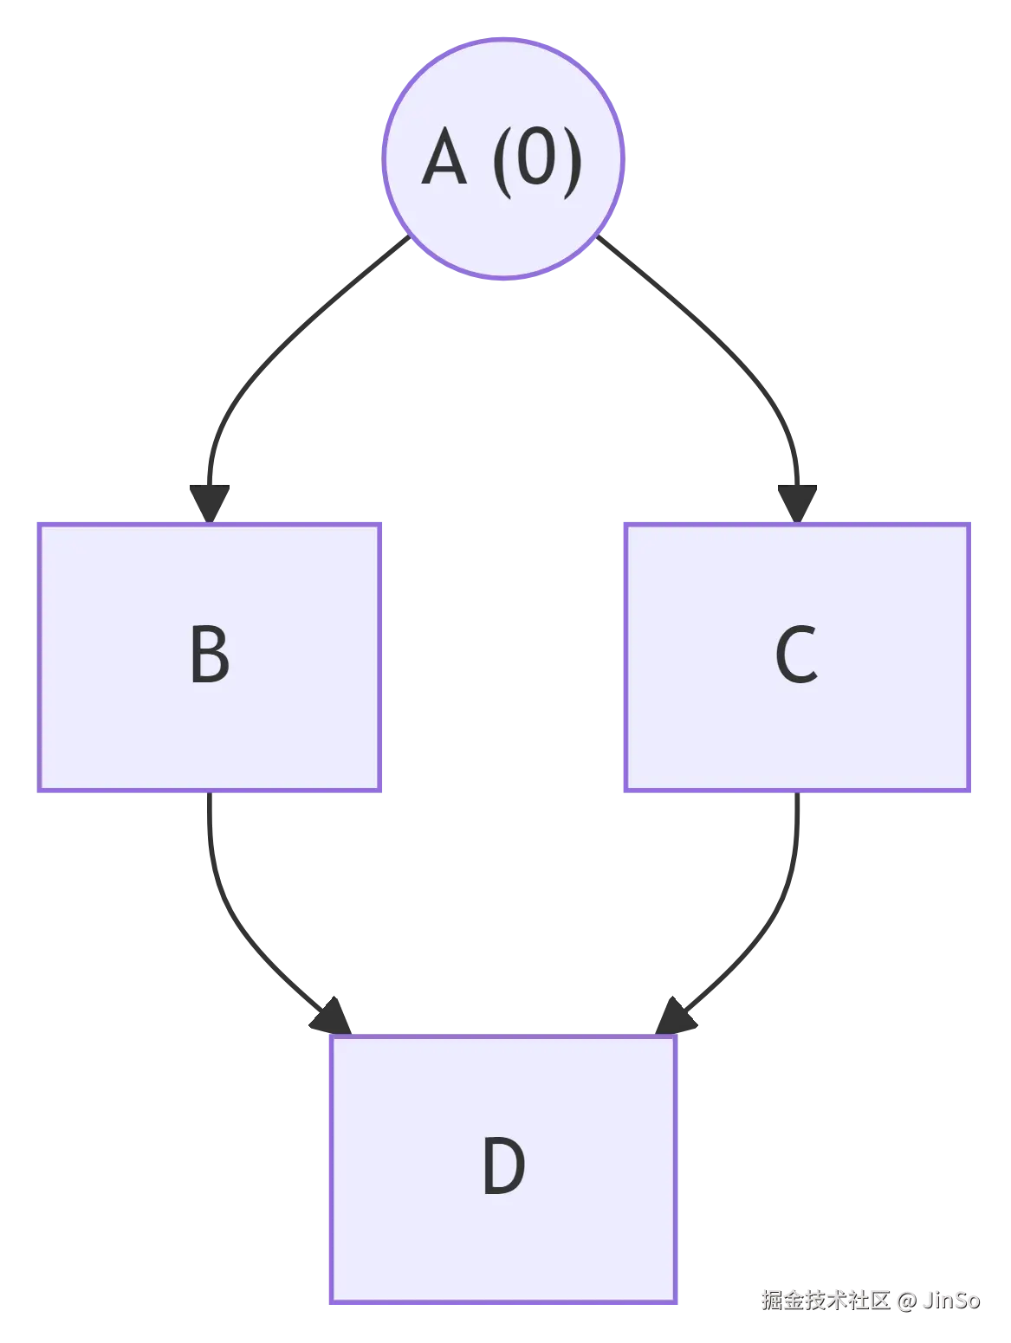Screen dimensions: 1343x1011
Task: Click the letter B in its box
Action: pos(210,655)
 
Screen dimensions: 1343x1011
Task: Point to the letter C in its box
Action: pos(796,655)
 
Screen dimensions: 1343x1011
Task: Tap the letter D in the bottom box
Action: pos(503,1166)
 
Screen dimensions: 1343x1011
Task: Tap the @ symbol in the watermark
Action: pos(905,1300)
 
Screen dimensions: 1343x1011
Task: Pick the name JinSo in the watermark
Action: pos(950,1300)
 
